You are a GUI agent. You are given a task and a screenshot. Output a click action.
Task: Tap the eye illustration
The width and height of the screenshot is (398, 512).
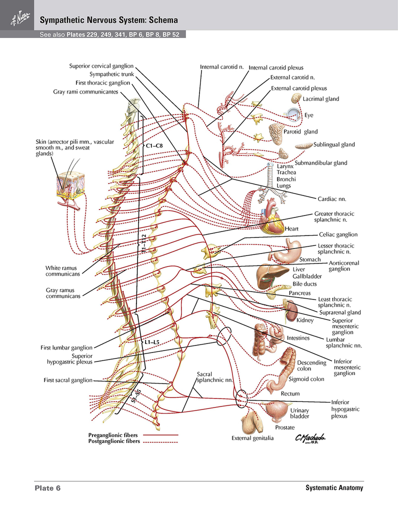tap(293, 114)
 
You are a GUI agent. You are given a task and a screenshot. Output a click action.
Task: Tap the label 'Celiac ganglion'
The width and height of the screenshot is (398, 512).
tap(338, 234)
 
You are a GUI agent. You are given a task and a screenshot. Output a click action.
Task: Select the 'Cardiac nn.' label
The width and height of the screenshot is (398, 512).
tap(331, 199)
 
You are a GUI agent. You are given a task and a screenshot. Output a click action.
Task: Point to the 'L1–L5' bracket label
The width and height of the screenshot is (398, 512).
tap(152, 342)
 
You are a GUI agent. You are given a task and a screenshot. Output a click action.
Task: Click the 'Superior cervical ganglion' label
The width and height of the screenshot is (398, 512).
tap(101, 66)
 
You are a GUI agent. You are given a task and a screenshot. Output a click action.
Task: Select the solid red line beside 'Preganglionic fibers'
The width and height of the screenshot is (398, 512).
tap(160, 435)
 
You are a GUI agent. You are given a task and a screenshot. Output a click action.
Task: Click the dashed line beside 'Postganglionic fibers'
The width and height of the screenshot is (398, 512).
tap(160, 442)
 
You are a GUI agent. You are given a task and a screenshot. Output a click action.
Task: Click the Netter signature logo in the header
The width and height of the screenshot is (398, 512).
tap(19, 18)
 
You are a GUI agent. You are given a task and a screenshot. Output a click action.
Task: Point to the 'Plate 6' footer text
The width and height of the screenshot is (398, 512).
tap(47, 488)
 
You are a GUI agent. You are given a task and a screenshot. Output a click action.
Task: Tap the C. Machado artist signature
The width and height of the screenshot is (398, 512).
tap(310, 438)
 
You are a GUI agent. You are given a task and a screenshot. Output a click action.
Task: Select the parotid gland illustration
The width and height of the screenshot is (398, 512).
tap(277, 133)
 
